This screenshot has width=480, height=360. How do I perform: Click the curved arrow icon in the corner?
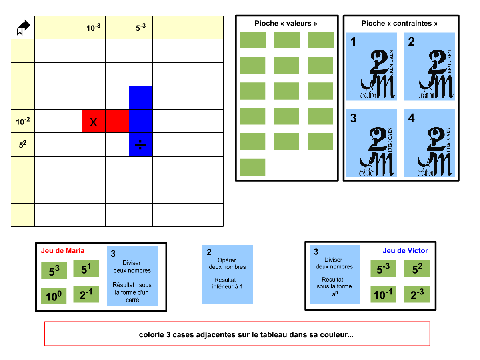(x=23, y=28)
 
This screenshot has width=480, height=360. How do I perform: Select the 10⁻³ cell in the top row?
(x=94, y=28)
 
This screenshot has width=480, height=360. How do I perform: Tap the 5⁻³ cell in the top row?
(x=141, y=28)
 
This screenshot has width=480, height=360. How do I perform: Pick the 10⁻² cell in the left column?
(x=23, y=121)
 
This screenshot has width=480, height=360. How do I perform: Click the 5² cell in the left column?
(x=23, y=144)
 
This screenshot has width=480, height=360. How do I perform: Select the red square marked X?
(x=94, y=121)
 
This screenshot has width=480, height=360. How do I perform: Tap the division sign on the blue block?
(x=140, y=145)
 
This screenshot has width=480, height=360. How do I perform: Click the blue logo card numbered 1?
(x=372, y=66)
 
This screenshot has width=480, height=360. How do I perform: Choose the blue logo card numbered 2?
(x=430, y=66)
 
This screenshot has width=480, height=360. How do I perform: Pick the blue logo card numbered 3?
(x=372, y=143)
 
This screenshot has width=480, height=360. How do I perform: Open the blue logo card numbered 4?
(x=430, y=143)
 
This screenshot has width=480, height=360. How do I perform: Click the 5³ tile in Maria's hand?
(x=54, y=271)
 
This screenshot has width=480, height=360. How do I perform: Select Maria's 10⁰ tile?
(x=54, y=296)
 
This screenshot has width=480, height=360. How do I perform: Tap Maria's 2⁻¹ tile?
(x=86, y=294)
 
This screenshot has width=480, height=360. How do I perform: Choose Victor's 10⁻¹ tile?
(x=383, y=294)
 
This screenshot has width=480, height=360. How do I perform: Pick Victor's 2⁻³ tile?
(x=417, y=294)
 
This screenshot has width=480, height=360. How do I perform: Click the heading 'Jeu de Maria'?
(x=63, y=251)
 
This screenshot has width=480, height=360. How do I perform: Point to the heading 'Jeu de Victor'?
(x=405, y=251)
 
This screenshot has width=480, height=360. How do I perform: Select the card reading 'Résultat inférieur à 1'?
(x=228, y=274)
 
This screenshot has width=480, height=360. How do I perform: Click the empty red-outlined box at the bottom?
(x=237, y=334)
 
